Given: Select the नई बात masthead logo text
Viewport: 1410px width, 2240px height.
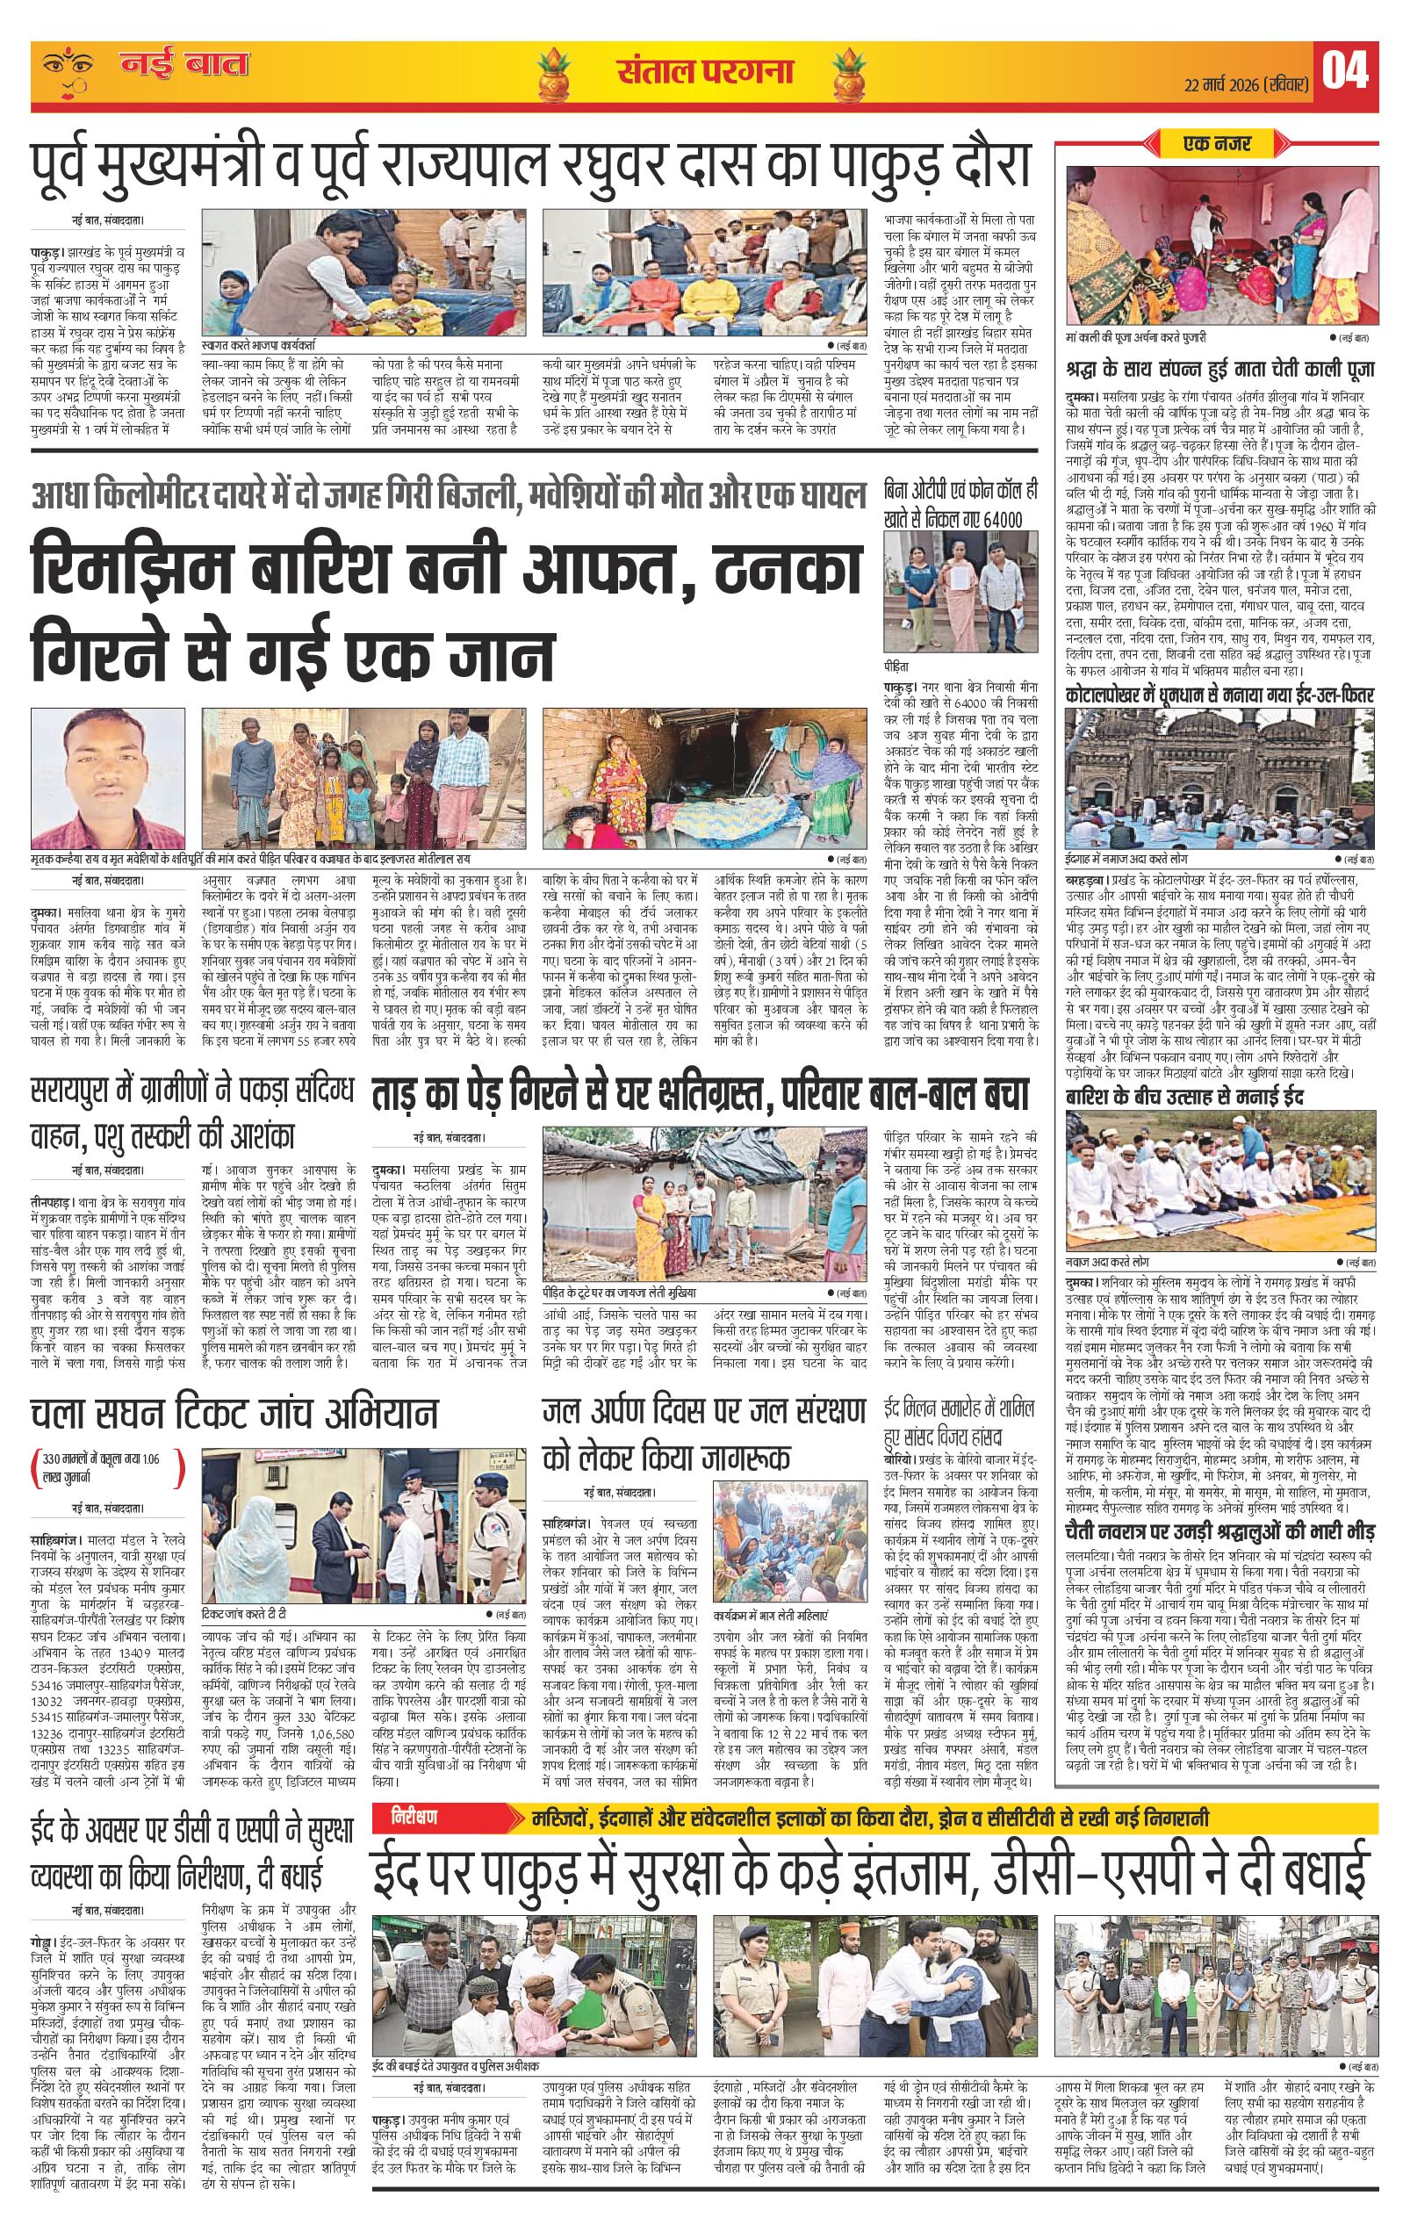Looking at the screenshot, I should [x=184, y=65].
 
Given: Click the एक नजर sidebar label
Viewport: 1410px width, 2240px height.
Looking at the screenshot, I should [x=1218, y=144].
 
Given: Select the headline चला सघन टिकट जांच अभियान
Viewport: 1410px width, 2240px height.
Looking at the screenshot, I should [x=234, y=1414].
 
